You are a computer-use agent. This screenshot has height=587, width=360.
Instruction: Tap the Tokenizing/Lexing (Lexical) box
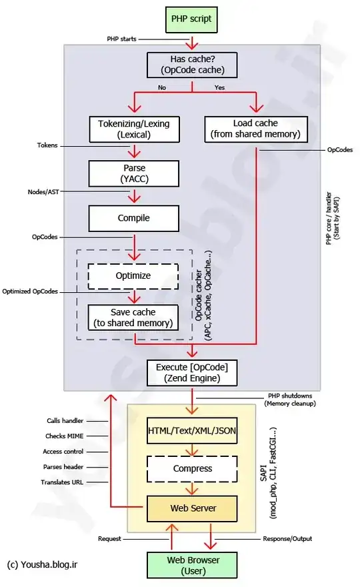click(x=134, y=129)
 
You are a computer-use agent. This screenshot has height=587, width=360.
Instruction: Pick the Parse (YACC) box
click(x=134, y=173)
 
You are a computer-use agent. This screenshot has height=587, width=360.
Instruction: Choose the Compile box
click(x=134, y=217)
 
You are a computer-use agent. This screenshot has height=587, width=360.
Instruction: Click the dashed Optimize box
click(x=134, y=275)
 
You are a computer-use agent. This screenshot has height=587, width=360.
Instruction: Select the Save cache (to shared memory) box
click(x=134, y=318)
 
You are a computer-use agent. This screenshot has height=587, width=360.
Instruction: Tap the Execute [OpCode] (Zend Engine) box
click(x=193, y=372)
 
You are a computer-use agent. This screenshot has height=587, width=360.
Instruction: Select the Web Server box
click(x=191, y=508)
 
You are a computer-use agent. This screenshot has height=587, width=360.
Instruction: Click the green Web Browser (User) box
click(x=193, y=564)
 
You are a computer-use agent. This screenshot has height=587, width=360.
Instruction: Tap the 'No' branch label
click(x=162, y=87)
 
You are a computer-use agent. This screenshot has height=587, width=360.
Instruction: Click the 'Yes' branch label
click(x=219, y=87)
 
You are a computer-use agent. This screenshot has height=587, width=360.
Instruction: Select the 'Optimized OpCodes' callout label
click(x=30, y=291)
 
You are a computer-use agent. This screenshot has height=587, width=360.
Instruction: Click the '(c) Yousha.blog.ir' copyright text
click(x=43, y=564)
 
